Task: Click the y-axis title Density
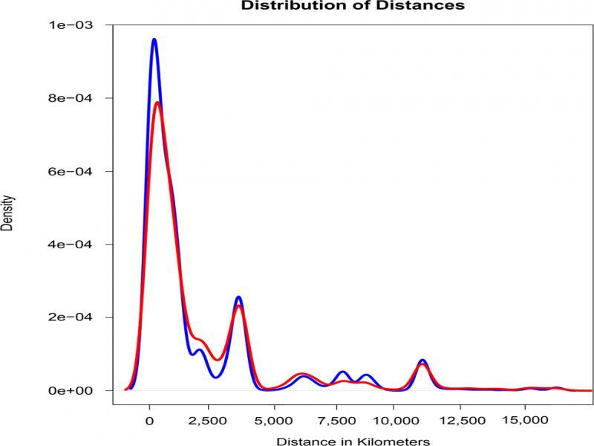pos(7,213)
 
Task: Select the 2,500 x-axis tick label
pos(212,418)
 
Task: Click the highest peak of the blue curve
pos(154,39)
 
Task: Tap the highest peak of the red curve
pos(157,103)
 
